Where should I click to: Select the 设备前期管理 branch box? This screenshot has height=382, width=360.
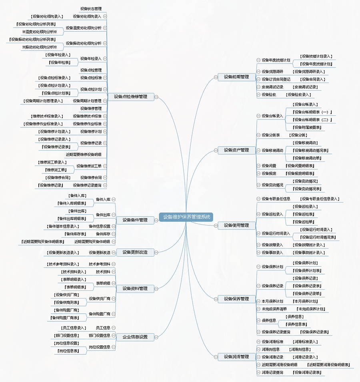(236, 77)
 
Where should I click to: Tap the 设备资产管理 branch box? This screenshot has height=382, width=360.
(236, 150)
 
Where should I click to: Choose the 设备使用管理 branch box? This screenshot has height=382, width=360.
(236, 225)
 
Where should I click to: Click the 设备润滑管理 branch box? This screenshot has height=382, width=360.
(236, 357)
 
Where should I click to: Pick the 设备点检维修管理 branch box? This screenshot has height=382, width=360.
(130, 96)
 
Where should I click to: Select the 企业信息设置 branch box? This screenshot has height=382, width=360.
(135, 337)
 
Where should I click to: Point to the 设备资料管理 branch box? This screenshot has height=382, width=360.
(135, 288)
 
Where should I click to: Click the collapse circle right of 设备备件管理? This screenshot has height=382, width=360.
(156, 220)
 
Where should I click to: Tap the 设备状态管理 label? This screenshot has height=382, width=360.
(91, 8)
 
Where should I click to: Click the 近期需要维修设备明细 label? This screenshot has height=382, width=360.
(84, 154)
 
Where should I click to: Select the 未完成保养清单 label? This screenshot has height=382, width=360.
(274, 309)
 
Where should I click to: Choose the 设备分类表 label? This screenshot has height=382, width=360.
(271, 135)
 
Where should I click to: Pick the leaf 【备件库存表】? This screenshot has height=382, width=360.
(75, 234)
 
